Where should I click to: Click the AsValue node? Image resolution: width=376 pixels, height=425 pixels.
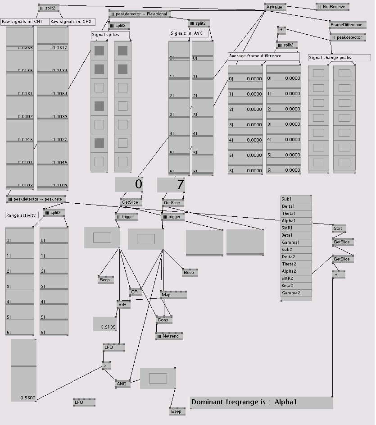tap(275, 7)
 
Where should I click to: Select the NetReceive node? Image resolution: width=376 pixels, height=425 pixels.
tap(332, 7)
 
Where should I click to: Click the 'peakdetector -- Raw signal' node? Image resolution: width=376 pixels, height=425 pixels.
tap(140, 14)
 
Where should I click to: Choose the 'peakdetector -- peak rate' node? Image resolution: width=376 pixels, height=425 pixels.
tap(36, 199)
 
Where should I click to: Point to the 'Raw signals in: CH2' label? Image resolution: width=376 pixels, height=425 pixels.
tap(71, 22)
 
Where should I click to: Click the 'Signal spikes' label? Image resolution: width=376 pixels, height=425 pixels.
tap(110, 35)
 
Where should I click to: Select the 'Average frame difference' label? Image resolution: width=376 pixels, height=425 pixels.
tap(263, 56)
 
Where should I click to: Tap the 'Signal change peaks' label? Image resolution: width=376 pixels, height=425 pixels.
tap(339, 58)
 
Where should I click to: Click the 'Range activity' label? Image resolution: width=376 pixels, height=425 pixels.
tap(22, 215)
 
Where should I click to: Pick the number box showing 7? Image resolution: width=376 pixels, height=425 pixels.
tap(171, 184)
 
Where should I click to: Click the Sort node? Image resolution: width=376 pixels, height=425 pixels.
tap(338, 228)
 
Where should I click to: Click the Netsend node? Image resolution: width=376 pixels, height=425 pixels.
tap(169, 336)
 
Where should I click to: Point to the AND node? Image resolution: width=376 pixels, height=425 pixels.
tap(122, 384)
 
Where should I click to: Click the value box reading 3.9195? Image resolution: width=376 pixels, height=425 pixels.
tap(105, 324)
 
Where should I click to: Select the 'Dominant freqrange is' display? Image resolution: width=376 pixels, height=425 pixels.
tap(261, 402)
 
